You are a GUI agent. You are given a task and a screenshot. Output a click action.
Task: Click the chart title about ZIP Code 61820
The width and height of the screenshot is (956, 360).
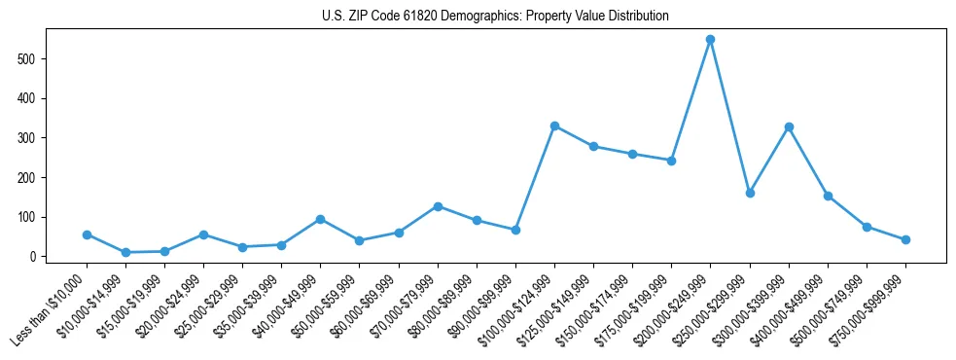pyautogui.click(x=495, y=17)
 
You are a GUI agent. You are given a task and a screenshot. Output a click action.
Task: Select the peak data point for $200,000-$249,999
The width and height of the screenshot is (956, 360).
pyautogui.click(x=710, y=40)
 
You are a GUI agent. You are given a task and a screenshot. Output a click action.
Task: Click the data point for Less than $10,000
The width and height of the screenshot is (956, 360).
pyautogui.click(x=87, y=234)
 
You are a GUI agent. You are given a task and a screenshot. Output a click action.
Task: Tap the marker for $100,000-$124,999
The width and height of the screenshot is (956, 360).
pyautogui.click(x=554, y=126)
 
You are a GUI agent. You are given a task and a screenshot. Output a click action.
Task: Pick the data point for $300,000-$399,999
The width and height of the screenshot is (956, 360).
pyautogui.click(x=789, y=126)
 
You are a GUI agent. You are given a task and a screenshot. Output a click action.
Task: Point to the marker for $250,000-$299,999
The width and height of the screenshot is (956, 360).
pyautogui.click(x=750, y=193)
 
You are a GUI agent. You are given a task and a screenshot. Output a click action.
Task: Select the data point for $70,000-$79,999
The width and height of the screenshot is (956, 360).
pyautogui.click(x=438, y=206)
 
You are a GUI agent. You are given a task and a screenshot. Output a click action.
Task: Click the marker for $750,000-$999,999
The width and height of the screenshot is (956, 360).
pyautogui.click(x=905, y=239)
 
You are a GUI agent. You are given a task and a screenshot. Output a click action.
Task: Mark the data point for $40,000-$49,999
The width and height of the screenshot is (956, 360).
pyautogui.click(x=320, y=219)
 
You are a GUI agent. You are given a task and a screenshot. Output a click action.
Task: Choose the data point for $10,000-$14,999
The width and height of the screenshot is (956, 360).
pyautogui.click(x=125, y=252)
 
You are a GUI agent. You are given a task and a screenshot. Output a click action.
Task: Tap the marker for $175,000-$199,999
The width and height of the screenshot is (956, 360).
pyautogui.click(x=671, y=161)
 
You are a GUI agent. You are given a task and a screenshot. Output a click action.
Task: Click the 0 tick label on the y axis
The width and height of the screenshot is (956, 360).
pyautogui.click(x=33, y=257)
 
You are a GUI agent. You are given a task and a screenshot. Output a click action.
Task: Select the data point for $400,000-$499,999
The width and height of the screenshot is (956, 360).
pyautogui.click(x=828, y=196)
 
